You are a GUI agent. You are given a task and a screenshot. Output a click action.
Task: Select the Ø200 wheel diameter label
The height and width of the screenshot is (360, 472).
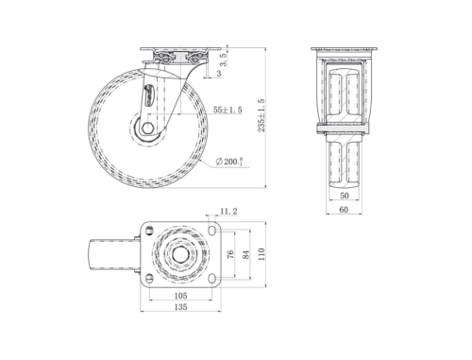(229, 162)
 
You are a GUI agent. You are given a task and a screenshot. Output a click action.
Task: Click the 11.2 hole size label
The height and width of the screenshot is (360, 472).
(228, 212)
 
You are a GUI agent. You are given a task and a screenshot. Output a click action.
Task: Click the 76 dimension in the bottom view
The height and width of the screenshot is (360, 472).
(230, 254)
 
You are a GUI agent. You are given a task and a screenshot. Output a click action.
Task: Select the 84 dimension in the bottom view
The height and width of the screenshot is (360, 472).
(247, 254)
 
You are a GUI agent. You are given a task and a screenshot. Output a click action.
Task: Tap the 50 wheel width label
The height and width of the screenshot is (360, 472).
(345, 195)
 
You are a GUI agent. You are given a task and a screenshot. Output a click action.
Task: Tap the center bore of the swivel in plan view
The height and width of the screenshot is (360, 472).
(179, 254)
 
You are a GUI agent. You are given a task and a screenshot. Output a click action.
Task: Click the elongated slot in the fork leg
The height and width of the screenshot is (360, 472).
(148, 96)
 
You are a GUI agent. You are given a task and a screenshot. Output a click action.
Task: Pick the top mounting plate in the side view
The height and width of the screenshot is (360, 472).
(180, 53)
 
